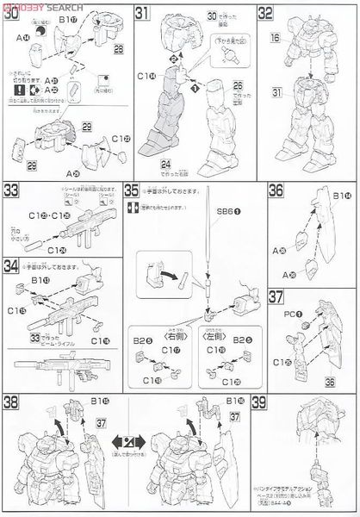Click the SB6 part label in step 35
click(x=227, y=214)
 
